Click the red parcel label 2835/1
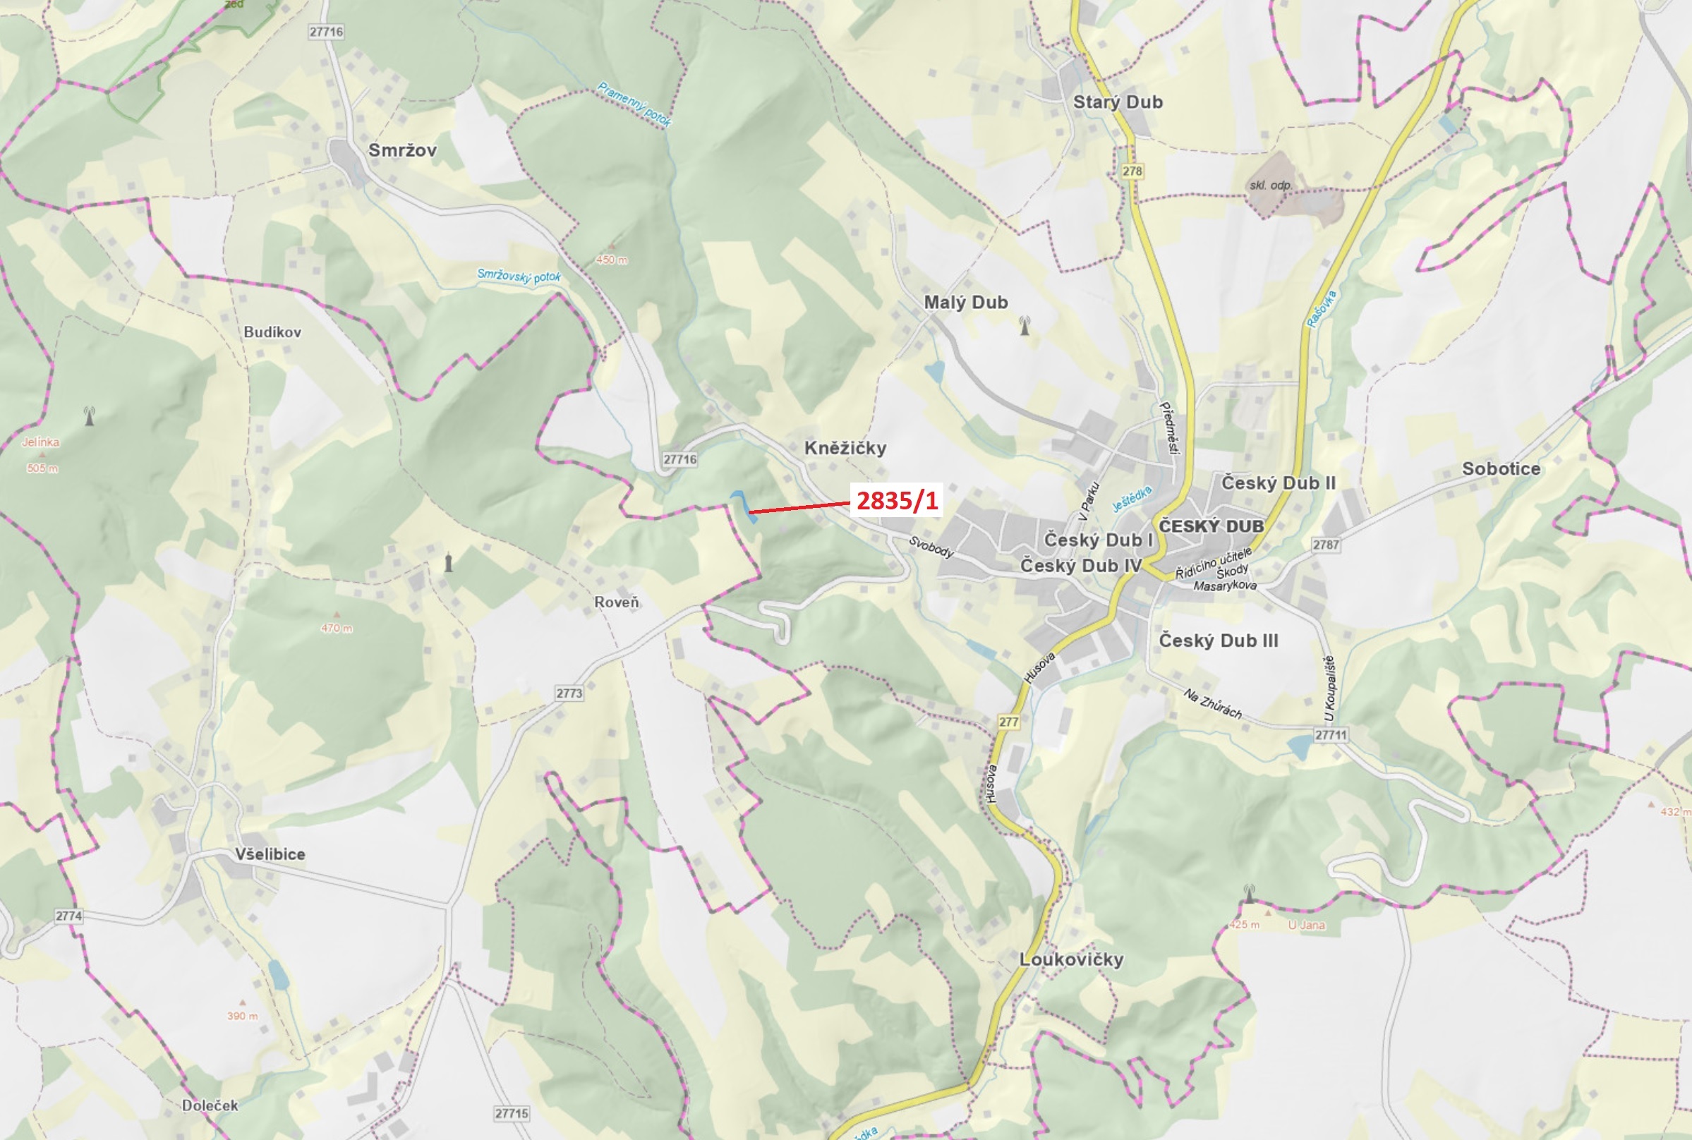[898, 500]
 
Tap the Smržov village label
[402, 150]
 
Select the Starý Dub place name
[1118, 102]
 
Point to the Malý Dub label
[966, 303]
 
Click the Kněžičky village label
[845, 448]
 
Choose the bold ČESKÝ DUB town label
[1211, 526]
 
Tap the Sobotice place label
[1501, 469]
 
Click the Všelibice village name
[270, 854]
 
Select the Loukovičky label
[1071, 959]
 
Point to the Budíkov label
[272, 332]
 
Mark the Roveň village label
[617, 602]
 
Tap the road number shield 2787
[1326, 545]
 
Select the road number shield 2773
[569, 693]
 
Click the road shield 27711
[1331, 735]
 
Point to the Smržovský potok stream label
[519, 277]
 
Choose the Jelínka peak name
[41, 442]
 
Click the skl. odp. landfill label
[1270, 186]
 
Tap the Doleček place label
[210, 1105]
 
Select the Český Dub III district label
[1218, 641]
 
